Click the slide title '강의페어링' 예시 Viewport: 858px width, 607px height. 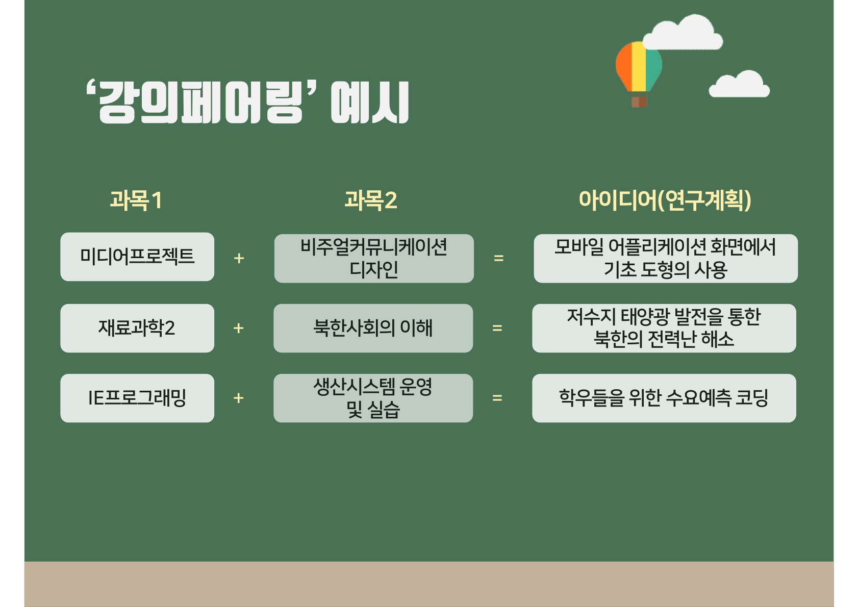point(247,102)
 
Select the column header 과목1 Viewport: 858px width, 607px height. point(136,200)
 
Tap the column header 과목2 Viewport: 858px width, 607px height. point(371,200)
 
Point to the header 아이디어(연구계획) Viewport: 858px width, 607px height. point(665,200)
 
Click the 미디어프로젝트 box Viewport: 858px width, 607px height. point(137,257)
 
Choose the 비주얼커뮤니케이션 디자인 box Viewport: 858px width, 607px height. point(374,259)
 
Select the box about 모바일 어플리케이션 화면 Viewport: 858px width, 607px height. point(666,259)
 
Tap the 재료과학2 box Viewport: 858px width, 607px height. point(137,328)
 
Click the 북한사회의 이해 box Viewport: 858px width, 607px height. point(373,328)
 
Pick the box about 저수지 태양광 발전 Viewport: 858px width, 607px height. point(664,328)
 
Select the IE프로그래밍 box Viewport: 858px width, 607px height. point(137,398)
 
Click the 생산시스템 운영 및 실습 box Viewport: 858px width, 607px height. point(373,398)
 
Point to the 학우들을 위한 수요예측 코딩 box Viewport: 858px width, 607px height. point(664,398)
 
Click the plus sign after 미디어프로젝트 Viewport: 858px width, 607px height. point(239,259)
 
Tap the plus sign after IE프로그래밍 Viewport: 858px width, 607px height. point(239,398)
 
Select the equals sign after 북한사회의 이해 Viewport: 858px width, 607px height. point(497,328)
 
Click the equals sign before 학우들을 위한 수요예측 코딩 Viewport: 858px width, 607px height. point(497,398)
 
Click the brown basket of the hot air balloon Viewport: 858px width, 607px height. point(639,101)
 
